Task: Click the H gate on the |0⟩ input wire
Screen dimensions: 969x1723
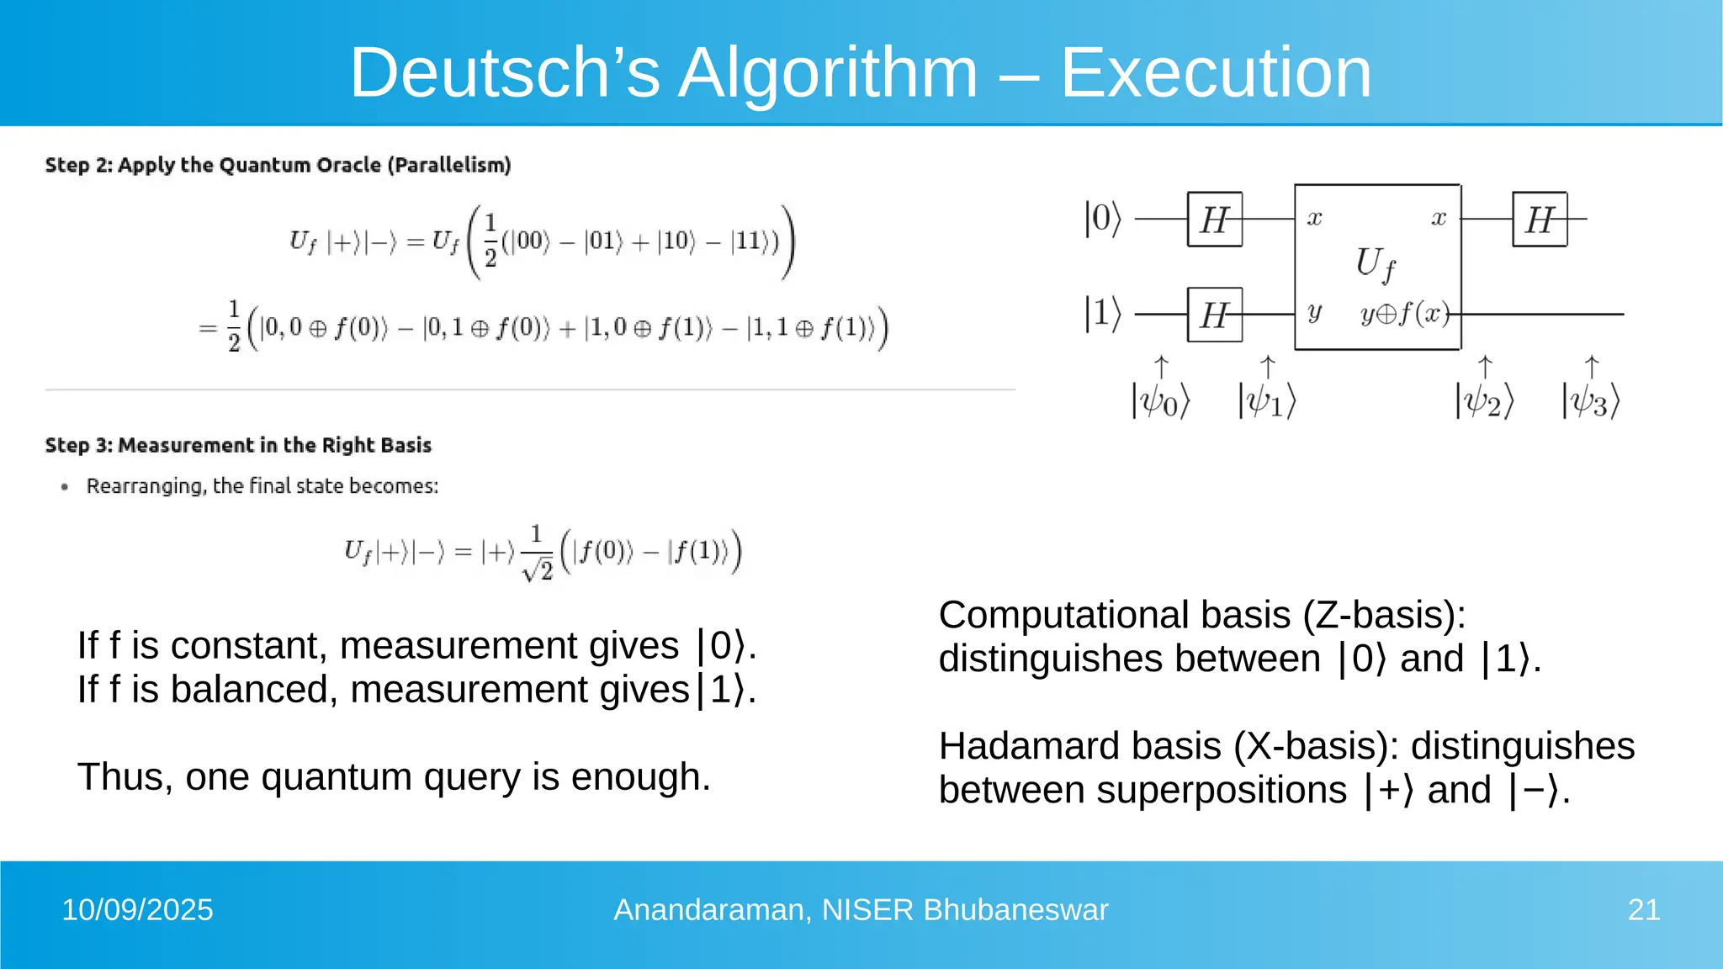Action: tap(1214, 220)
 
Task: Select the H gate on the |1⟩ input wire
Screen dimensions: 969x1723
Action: tap(1214, 315)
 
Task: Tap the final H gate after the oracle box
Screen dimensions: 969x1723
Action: tap(1540, 220)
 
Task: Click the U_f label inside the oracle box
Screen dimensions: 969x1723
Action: tap(1375, 263)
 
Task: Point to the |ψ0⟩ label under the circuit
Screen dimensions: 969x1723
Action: tap(1161, 401)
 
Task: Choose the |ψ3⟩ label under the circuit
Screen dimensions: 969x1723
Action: tap(1591, 401)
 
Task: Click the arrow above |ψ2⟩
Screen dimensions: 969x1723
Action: tap(1485, 367)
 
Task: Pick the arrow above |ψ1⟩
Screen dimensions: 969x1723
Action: tap(1267, 367)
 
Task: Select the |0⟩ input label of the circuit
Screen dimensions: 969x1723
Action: tap(1102, 219)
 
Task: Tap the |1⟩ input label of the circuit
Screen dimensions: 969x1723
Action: tap(1102, 314)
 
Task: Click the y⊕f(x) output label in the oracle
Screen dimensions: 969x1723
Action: tap(1405, 314)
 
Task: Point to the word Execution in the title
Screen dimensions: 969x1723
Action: tap(1216, 73)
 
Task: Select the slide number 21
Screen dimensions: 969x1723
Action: tap(1643, 910)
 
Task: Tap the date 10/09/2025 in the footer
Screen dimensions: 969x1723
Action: tap(137, 910)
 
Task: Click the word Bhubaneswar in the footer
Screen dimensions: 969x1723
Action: tap(1015, 910)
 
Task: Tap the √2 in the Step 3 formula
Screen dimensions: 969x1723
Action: tap(538, 571)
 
